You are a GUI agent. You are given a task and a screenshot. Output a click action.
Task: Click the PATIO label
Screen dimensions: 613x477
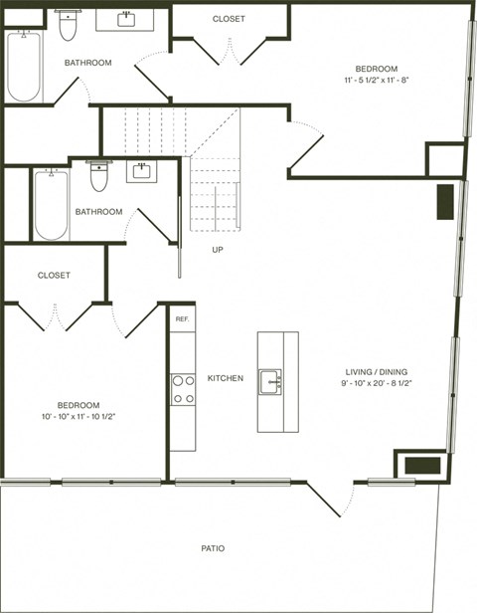tap(211, 548)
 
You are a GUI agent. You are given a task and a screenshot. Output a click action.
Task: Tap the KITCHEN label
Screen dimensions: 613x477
tap(225, 379)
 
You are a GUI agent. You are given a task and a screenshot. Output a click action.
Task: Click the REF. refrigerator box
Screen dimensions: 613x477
tap(182, 318)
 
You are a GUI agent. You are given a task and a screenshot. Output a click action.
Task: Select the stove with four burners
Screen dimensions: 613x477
tap(182, 388)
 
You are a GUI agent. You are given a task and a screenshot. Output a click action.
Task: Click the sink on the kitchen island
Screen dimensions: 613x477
tap(269, 381)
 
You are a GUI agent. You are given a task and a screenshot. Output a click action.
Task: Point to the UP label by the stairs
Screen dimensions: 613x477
tap(217, 250)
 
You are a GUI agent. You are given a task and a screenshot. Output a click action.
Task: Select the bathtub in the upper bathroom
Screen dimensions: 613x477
tap(23, 66)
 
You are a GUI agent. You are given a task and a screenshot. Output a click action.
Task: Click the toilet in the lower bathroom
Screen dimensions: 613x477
tap(99, 178)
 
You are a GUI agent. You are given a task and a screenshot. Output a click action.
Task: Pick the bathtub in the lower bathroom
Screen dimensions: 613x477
tap(51, 205)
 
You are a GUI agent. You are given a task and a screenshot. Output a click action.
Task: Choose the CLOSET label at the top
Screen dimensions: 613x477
tap(229, 19)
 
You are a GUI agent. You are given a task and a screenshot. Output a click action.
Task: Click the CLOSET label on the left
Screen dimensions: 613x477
tap(54, 276)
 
